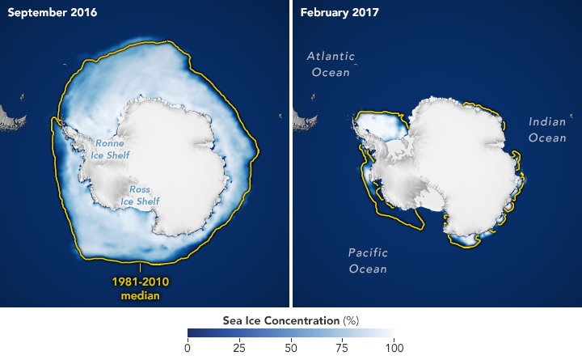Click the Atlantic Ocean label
[331, 64]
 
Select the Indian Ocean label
[547, 129]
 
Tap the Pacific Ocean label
[368, 260]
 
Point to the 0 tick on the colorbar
[188, 349]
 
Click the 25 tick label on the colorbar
[238, 349]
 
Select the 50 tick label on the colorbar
[290, 349]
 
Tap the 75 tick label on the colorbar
[341, 349]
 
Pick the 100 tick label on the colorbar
[392, 349]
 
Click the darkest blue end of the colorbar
[191, 333]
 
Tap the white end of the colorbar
[390, 333]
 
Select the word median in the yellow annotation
[142, 295]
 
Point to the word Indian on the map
[547, 122]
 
